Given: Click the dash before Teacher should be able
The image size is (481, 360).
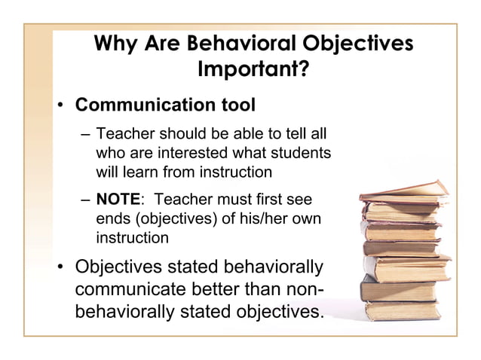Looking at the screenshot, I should pos(85,135).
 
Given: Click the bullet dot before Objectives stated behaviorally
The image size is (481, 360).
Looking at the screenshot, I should pos(64,268).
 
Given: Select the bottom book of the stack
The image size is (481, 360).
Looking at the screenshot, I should pos(403,309).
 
